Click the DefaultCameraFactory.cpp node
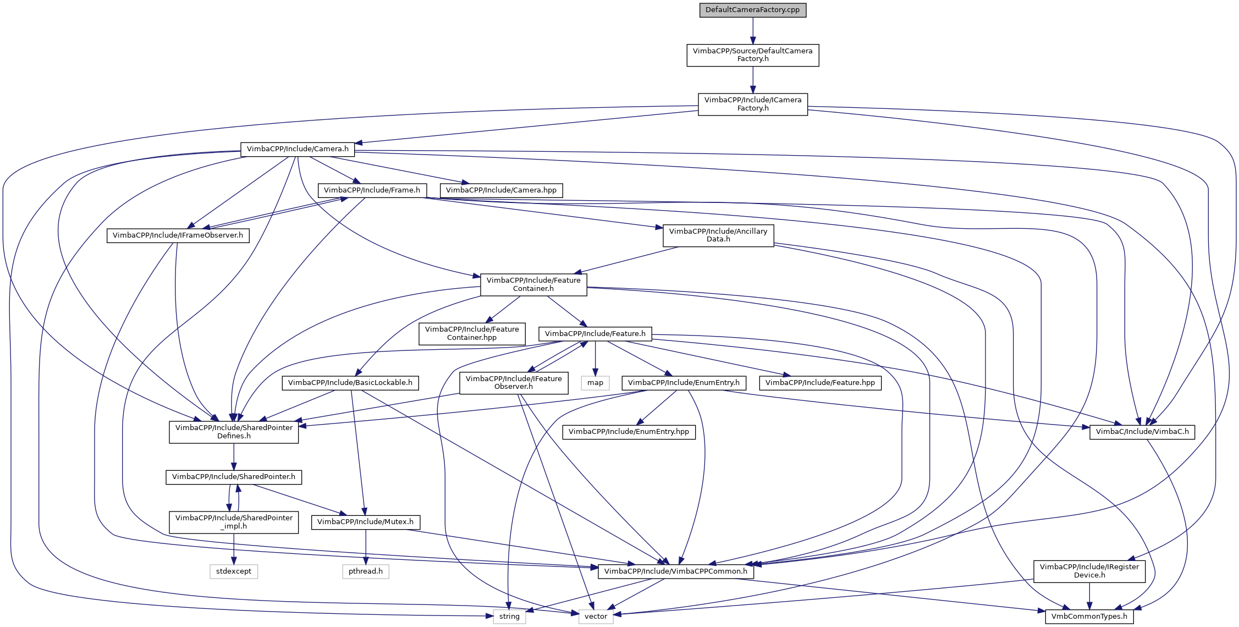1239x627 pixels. pyautogui.click(x=752, y=10)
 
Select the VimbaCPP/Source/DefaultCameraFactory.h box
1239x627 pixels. pyautogui.click(x=752, y=55)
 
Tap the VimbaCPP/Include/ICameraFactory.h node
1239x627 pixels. pyautogui.click(x=753, y=104)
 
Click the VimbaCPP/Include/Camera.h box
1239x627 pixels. pyautogui.click(x=298, y=149)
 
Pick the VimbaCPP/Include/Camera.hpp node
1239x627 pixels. pyautogui.click(x=501, y=190)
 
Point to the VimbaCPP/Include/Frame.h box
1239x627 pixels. pyautogui.click(x=372, y=190)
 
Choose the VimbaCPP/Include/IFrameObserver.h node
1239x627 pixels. pyautogui.click(x=178, y=235)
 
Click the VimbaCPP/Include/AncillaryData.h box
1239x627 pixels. pyautogui.click(x=718, y=235)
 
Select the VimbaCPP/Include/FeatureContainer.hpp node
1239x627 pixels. pyautogui.click(x=472, y=333)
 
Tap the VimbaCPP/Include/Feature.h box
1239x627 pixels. pyautogui.click(x=595, y=334)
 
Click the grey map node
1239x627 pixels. pyautogui.click(x=595, y=383)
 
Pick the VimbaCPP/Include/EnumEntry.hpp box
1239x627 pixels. pyautogui.click(x=629, y=432)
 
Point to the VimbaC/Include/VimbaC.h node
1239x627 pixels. pyautogui.click(x=1142, y=432)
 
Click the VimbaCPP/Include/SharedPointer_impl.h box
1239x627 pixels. pyautogui.click(x=234, y=522)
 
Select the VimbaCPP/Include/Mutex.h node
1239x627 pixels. pyautogui.click(x=366, y=522)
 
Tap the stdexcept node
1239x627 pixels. pyautogui.click(x=234, y=571)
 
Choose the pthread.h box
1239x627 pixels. pyautogui.click(x=366, y=571)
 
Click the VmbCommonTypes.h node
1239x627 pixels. pyautogui.click(x=1089, y=617)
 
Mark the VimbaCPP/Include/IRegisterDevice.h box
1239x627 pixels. pyautogui.click(x=1089, y=571)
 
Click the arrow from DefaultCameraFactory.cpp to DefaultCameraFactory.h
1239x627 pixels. pyautogui.click(x=753, y=31)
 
